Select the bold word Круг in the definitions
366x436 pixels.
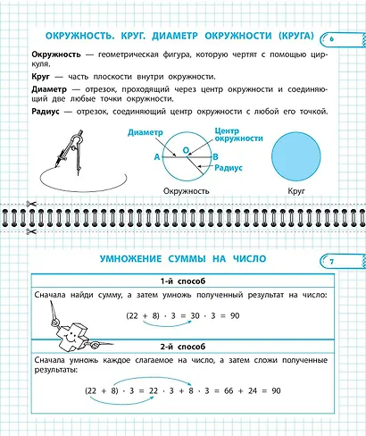click(x=41, y=77)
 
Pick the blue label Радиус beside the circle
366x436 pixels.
click(x=231, y=167)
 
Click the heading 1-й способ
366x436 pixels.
click(x=181, y=281)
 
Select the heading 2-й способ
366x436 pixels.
click(x=181, y=346)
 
